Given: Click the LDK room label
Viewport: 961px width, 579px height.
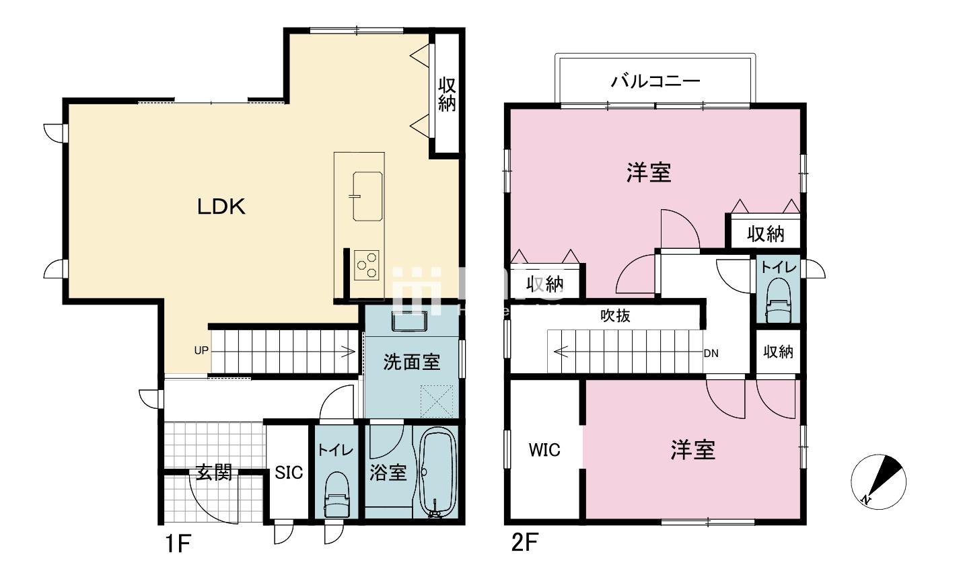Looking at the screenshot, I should (221, 207).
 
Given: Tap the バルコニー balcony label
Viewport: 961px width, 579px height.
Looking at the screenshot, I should (655, 82).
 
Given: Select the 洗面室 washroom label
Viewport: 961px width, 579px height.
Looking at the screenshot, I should (412, 362).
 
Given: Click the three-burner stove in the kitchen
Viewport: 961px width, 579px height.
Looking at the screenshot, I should (367, 264).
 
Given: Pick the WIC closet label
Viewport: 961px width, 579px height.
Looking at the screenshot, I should (544, 449).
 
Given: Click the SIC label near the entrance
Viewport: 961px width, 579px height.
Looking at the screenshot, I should (289, 473).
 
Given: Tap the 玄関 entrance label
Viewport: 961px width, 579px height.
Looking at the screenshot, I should (214, 472).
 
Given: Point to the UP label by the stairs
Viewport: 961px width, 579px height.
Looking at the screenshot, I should (201, 350).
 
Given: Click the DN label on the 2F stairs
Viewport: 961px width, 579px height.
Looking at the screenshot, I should (711, 352).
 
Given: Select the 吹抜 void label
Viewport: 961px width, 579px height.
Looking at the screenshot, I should (615, 315).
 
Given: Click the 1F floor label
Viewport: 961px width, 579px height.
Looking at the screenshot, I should (176, 543).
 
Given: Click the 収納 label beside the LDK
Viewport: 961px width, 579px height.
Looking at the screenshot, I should (447, 95).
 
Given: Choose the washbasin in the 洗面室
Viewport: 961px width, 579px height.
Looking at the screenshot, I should (409, 322).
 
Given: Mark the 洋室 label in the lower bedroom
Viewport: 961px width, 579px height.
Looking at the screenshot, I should (692, 450).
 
